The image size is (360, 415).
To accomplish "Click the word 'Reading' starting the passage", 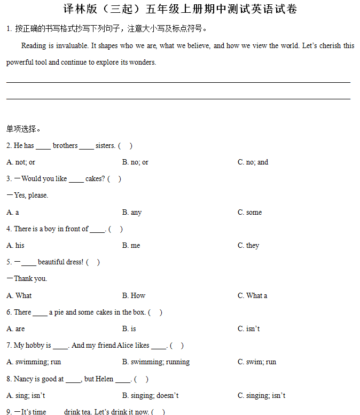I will [34, 46].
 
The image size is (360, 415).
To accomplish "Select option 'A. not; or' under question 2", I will [21, 162].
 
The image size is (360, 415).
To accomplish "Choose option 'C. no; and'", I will [253, 162].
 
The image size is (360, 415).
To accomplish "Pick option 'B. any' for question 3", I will [132, 212].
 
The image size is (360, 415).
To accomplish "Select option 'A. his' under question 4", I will [15, 245].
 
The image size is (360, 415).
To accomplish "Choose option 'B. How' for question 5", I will [134, 295].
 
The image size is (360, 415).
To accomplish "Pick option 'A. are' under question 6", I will [15, 328].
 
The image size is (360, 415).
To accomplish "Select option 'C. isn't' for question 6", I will [249, 328].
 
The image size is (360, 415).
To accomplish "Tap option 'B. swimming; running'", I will [156, 362].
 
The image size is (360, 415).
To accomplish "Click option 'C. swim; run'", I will [257, 362].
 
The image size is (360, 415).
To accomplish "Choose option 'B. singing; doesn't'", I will [151, 395].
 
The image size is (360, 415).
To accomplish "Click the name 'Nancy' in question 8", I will [24, 379].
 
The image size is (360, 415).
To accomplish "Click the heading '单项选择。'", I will [24, 129].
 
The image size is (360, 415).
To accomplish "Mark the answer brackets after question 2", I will [126, 145].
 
